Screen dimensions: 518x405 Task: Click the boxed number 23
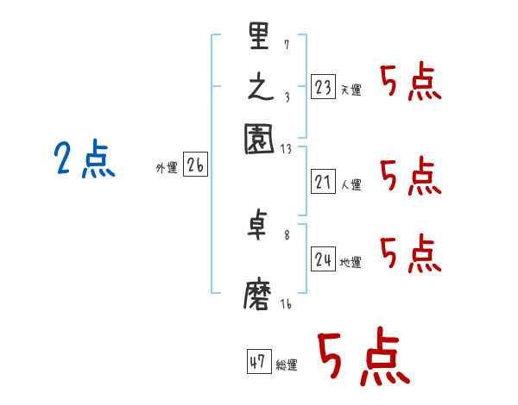coord(323,87)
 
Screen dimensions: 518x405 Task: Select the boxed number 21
coord(323,182)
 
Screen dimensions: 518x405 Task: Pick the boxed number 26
coord(195,165)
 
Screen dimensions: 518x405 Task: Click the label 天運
coord(351,90)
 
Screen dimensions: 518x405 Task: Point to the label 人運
coord(351,184)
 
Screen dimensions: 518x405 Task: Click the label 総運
coord(287,365)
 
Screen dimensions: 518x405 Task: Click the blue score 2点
coord(84,160)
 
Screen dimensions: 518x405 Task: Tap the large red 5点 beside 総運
coord(363,358)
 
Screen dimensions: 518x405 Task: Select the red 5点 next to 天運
coord(410,84)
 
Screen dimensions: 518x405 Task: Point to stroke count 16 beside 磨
coord(286,303)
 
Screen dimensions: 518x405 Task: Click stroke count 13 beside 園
coord(286,147)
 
